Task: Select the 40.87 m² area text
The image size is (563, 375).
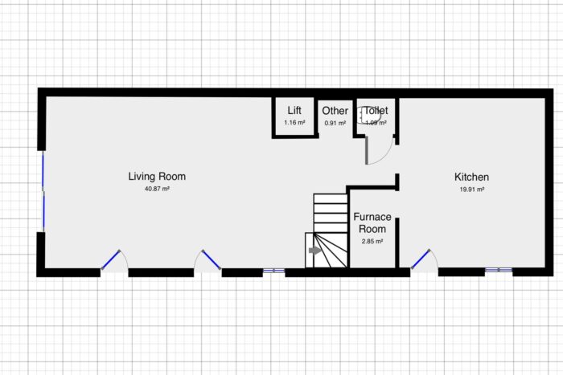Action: pyautogui.click(x=157, y=189)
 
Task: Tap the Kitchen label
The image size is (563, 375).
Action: pyautogui.click(x=471, y=177)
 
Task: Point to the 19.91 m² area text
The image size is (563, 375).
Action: pyautogui.click(x=471, y=190)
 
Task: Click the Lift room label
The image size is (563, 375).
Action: pyautogui.click(x=294, y=111)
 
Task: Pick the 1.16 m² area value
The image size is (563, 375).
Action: pyautogui.click(x=294, y=122)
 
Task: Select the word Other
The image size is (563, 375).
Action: pyautogui.click(x=335, y=111)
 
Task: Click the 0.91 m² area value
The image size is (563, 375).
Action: pyautogui.click(x=335, y=123)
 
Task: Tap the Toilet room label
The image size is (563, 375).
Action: pyautogui.click(x=376, y=111)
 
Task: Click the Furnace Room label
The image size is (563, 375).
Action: pyautogui.click(x=372, y=223)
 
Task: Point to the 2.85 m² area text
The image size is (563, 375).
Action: pyautogui.click(x=372, y=241)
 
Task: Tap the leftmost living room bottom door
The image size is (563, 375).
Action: pyautogui.click(x=112, y=260)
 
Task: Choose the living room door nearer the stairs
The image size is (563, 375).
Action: pyautogui.click(x=211, y=259)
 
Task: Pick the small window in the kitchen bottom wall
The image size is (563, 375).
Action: pyautogui.click(x=499, y=271)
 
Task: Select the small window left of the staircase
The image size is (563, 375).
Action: pyautogui.click(x=273, y=271)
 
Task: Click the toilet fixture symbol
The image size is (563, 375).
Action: pyautogui.click(x=372, y=116)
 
